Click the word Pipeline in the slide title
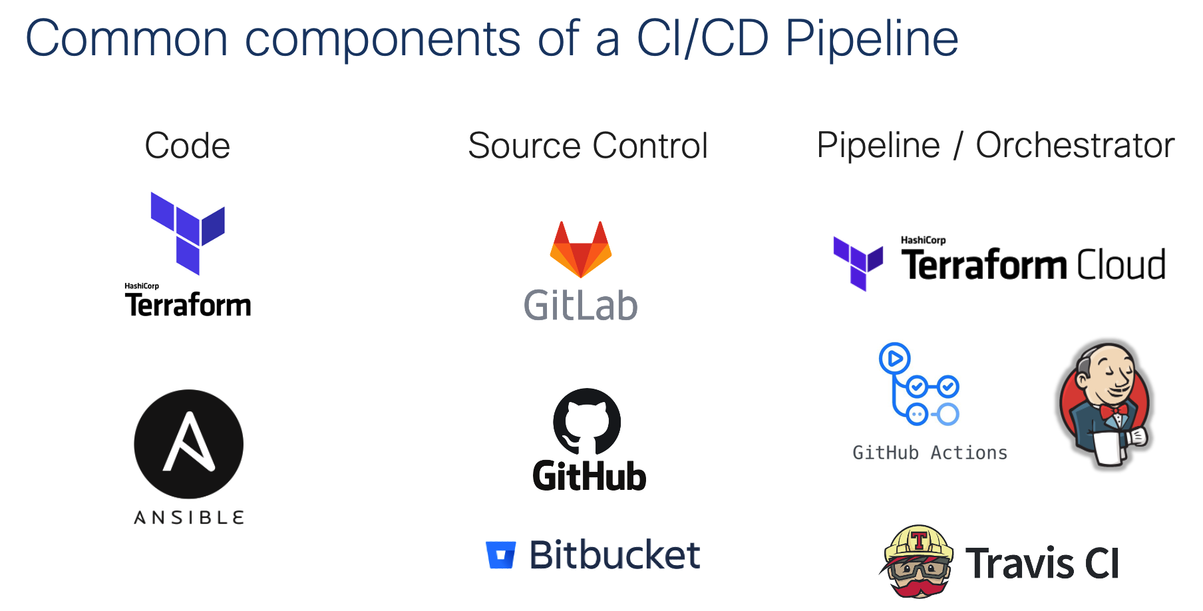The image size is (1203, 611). point(871,39)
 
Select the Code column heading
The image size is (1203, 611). point(187,146)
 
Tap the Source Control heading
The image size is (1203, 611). point(588,146)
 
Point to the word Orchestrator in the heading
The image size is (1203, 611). point(1075,146)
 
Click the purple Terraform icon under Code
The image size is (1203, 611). point(188,232)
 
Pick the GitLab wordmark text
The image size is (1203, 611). point(580,305)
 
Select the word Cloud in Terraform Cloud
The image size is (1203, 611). point(1121,265)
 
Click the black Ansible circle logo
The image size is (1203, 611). point(188,444)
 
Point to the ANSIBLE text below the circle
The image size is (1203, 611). point(189,518)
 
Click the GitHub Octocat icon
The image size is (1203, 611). point(587,421)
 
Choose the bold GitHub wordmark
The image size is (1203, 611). point(589,477)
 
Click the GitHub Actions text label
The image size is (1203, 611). point(930,453)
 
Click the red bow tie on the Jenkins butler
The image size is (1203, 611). point(1113,410)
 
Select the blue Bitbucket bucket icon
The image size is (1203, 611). point(500,555)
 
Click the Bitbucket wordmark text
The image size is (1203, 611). point(614,555)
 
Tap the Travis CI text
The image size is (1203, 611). point(1042,564)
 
